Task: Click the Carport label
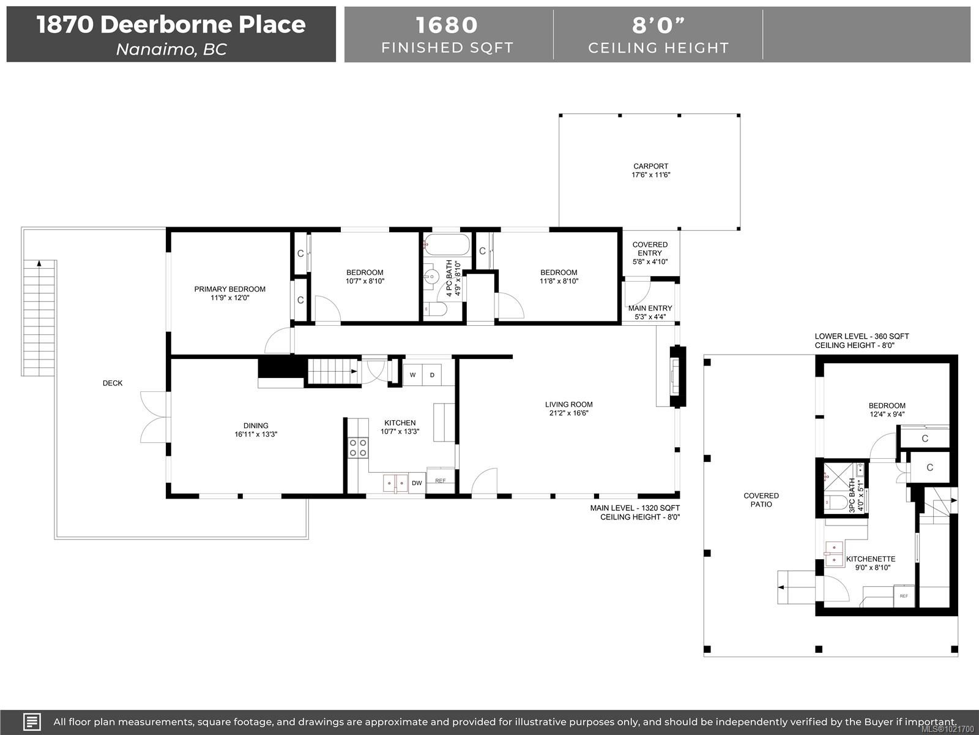tap(650, 166)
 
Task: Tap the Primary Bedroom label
tap(229, 289)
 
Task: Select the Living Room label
tap(568, 404)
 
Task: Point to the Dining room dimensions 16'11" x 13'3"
tap(256, 434)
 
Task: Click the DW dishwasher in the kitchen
tap(417, 483)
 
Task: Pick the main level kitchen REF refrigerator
tap(441, 481)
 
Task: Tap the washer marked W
tap(413, 375)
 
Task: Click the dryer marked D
tap(432, 375)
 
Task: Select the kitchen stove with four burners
tap(358, 448)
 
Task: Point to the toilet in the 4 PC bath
tap(436, 310)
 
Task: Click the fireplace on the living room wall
tap(677, 377)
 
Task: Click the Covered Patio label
tap(761, 500)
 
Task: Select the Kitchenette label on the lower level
tap(871, 559)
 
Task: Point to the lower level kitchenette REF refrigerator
tap(904, 596)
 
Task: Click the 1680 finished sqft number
tap(447, 25)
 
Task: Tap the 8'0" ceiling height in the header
tap(658, 25)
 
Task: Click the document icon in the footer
tap(32, 722)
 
